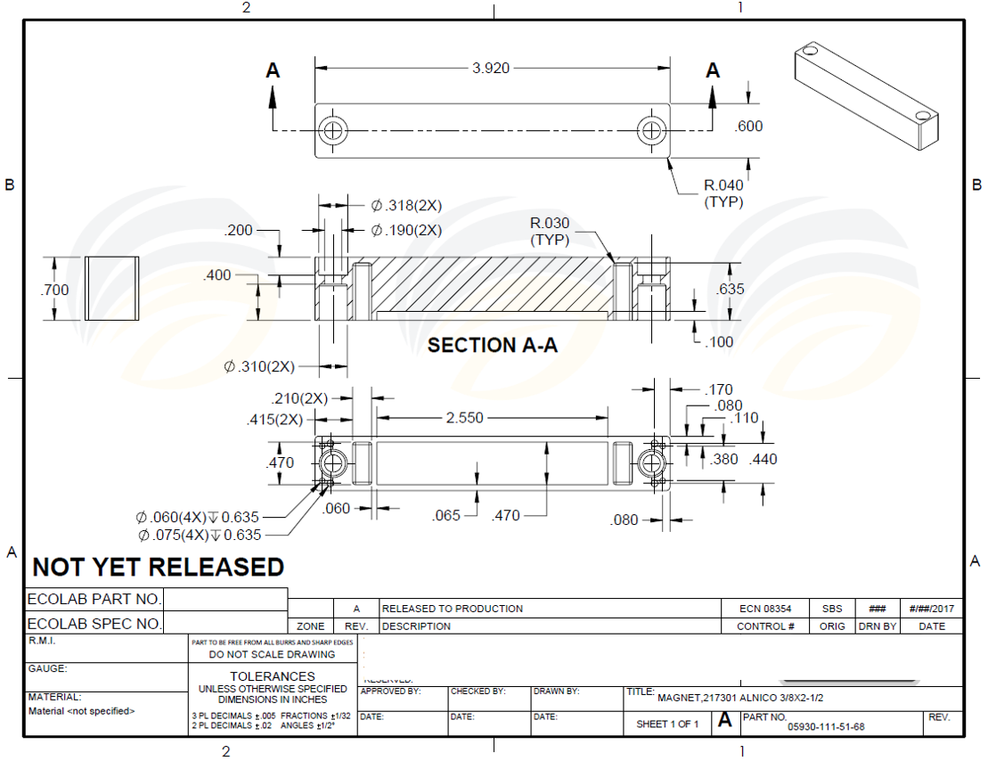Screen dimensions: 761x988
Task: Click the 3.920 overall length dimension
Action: (491, 68)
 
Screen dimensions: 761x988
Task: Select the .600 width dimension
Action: (748, 127)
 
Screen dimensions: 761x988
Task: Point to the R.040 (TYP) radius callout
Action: (723, 193)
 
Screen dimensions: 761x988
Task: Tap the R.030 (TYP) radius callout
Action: (550, 231)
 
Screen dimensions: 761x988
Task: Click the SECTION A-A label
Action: (492, 346)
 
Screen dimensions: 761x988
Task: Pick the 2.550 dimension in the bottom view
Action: (465, 418)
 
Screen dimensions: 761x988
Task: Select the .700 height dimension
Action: (54, 290)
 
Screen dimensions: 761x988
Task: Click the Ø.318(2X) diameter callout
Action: (406, 206)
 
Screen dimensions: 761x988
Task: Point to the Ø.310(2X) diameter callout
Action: (259, 366)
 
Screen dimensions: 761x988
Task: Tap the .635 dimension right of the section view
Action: (731, 290)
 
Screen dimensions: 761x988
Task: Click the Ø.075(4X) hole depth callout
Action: (200, 535)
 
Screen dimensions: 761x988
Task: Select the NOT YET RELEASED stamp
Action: (159, 567)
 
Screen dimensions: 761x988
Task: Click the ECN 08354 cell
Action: (765, 609)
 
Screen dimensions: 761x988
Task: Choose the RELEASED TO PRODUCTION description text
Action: (453, 609)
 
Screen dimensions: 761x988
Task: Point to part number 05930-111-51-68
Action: (826, 726)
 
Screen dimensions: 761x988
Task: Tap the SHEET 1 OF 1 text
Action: (667, 724)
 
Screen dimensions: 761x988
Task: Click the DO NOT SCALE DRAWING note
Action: (273, 654)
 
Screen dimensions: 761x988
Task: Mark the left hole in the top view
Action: (334, 130)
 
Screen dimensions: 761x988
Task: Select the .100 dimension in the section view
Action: (718, 342)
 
